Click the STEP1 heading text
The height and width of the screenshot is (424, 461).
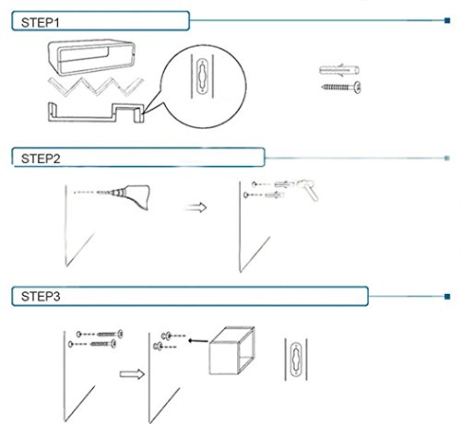tap(41, 22)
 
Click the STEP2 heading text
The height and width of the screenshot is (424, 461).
tap(41, 159)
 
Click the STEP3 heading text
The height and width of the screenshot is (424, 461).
tap(41, 297)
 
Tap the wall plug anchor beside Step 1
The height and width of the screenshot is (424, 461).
tap(339, 70)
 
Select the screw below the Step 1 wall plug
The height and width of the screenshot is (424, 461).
tap(341, 88)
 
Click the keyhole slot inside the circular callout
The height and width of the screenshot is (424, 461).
tap(202, 77)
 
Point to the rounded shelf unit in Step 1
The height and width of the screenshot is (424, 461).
tap(91, 57)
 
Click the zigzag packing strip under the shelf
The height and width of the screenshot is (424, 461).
tap(95, 87)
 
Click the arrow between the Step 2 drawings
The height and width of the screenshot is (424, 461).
tap(196, 207)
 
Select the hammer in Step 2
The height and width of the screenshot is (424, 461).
tap(308, 188)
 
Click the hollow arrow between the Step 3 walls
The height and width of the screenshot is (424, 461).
tap(132, 374)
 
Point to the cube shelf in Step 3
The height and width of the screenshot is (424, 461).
tap(231, 351)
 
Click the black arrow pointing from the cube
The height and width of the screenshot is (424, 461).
tap(198, 341)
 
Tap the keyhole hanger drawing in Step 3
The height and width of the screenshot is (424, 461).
tap(296, 359)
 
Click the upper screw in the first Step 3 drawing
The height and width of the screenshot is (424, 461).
tap(111, 334)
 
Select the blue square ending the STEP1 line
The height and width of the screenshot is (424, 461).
tap(447, 20)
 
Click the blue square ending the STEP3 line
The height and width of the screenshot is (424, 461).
tap(447, 297)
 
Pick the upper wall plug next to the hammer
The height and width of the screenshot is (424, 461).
tap(284, 184)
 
